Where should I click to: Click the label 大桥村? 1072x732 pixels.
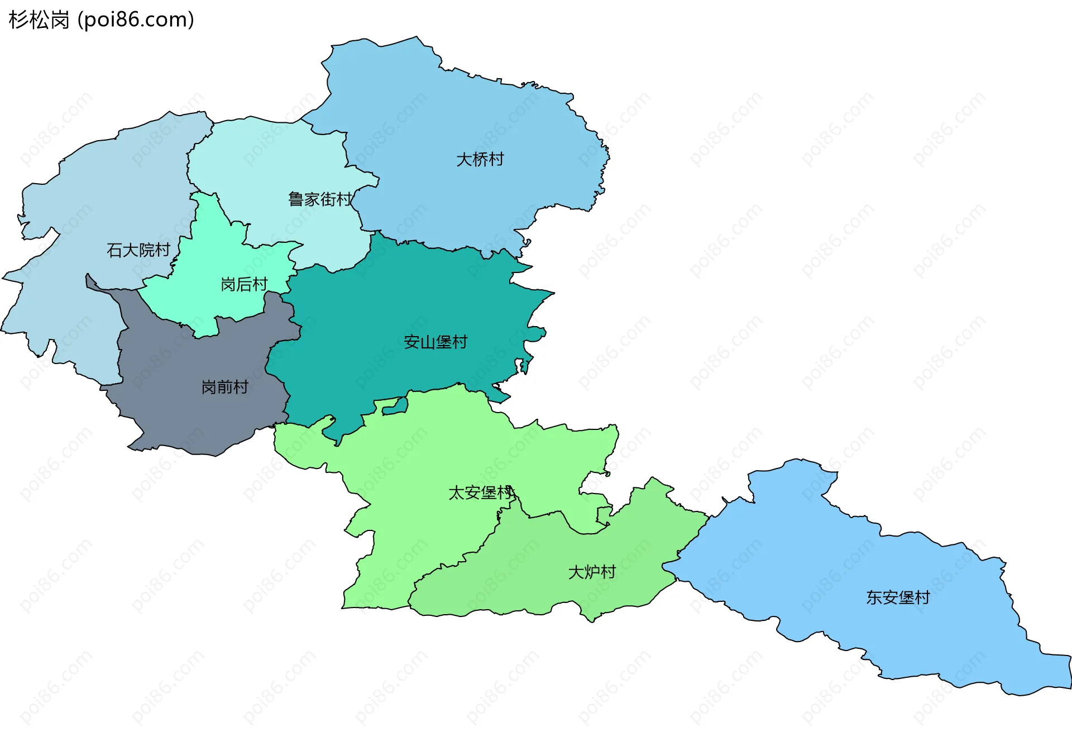[480, 160]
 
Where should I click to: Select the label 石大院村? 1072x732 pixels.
[138, 250]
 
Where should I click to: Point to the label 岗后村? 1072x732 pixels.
[244, 285]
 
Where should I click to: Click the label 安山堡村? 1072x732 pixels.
[435, 342]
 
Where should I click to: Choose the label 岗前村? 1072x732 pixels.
[224, 387]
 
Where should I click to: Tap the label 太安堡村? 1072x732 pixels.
[480, 493]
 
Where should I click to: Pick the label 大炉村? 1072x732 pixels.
[591, 572]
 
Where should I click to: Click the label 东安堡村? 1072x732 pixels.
[897, 598]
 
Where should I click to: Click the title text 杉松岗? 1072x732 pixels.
[39, 20]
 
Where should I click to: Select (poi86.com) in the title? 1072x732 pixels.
[136, 20]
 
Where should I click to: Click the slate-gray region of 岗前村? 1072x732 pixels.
[184, 413]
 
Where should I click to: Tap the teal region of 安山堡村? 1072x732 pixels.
[391, 302]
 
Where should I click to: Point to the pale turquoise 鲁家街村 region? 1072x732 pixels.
[268, 162]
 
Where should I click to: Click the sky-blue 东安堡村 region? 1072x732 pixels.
[837, 558]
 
